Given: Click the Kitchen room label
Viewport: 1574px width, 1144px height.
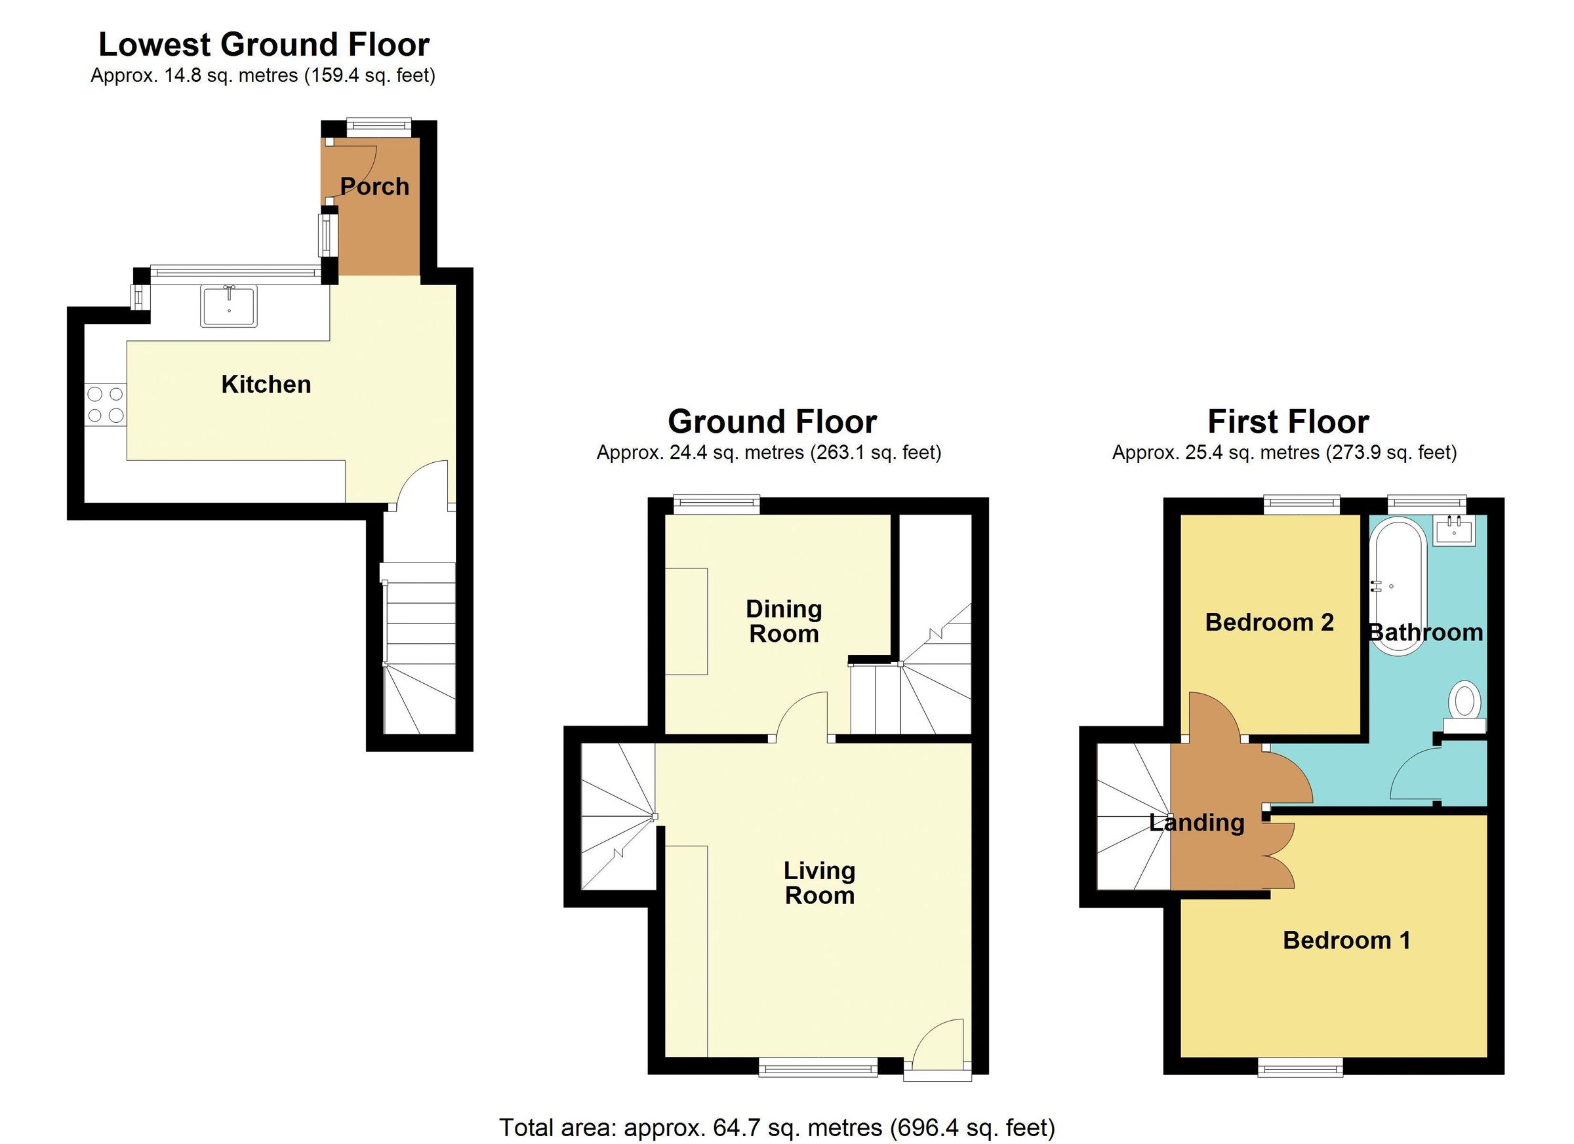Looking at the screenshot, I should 266,384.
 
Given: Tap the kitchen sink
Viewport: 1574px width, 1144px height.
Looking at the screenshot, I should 228,306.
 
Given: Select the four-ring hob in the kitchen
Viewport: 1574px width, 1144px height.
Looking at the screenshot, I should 106,405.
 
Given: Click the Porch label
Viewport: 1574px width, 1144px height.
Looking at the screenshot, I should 374,187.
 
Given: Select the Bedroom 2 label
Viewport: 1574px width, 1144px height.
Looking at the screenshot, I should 1269,622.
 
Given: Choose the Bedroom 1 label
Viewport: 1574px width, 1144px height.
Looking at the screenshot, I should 1346,940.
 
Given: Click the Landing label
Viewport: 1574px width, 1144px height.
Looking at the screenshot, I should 1197,823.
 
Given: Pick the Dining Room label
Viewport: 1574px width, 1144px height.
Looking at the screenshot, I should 784,621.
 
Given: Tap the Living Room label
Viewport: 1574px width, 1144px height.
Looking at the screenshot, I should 819,882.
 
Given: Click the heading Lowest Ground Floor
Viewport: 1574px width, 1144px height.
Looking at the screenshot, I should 264,45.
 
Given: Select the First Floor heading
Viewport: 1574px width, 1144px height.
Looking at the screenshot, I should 1288,421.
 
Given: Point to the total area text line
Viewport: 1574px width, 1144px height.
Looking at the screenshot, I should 777,1128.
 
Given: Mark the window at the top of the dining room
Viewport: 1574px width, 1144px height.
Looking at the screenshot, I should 717,504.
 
